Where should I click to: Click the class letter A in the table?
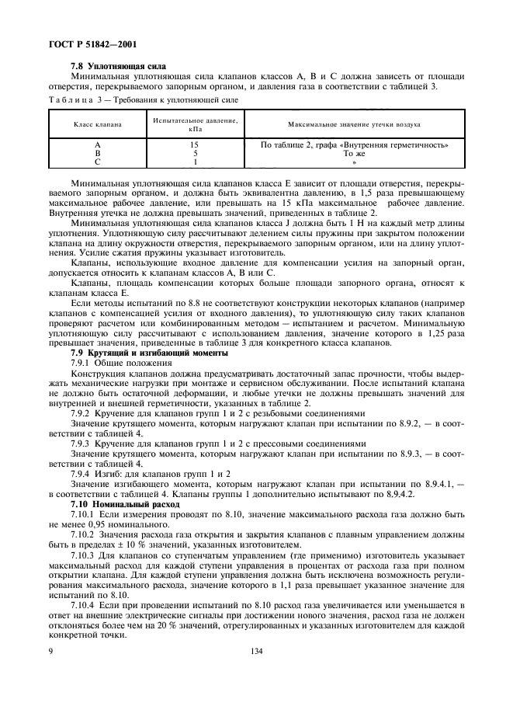click(97, 145)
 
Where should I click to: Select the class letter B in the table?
click(97, 154)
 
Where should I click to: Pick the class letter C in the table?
click(97, 162)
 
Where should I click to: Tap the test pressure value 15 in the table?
click(195, 145)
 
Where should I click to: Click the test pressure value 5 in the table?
click(195, 154)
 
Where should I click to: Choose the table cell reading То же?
click(354, 154)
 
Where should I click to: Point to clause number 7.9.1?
click(81, 363)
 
